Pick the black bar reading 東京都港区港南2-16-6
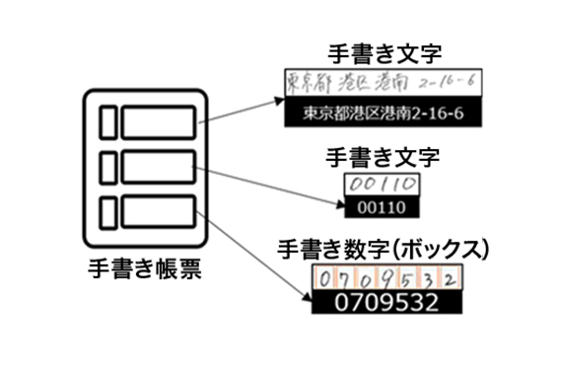click(x=384, y=113)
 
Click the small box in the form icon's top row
click(x=108, y=123)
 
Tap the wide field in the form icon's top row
click(x=158, y=123)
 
